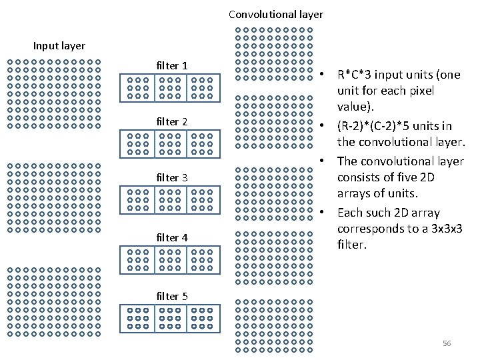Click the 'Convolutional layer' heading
pos(275,14)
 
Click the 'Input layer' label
pos(59,46)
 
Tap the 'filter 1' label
pos(171,65)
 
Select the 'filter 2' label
pos(171,121)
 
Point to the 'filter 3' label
pos(171,177)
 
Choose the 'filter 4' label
pos(171,237)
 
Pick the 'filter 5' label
pos(171,296)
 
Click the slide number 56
pos(447,343)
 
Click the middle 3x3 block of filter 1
pos(170,87)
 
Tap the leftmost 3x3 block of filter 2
pos(138,143)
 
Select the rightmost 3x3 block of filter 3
pos(202,199)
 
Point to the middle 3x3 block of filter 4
pos(170,259)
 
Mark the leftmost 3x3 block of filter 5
pos(138,318)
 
